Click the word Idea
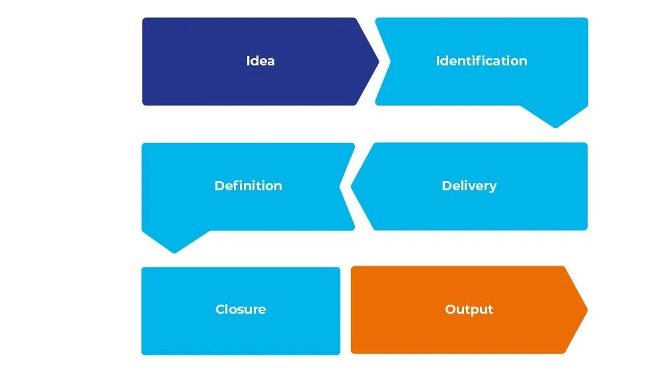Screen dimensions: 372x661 260,61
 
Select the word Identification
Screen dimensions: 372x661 481,61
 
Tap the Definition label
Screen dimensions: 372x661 248,186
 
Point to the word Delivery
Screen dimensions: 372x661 469,186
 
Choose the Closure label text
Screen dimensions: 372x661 241,309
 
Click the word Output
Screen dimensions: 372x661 469,309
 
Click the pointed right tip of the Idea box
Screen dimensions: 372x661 378,61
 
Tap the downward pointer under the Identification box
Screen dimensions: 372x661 555,126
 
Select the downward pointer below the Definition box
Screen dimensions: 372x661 174,251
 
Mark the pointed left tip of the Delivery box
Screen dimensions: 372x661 352,186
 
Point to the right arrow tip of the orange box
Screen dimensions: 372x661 586,309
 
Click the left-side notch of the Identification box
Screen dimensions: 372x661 389,61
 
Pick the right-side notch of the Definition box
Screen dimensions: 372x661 341,186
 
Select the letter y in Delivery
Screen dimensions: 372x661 492,187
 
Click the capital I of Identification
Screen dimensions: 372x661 438,61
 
